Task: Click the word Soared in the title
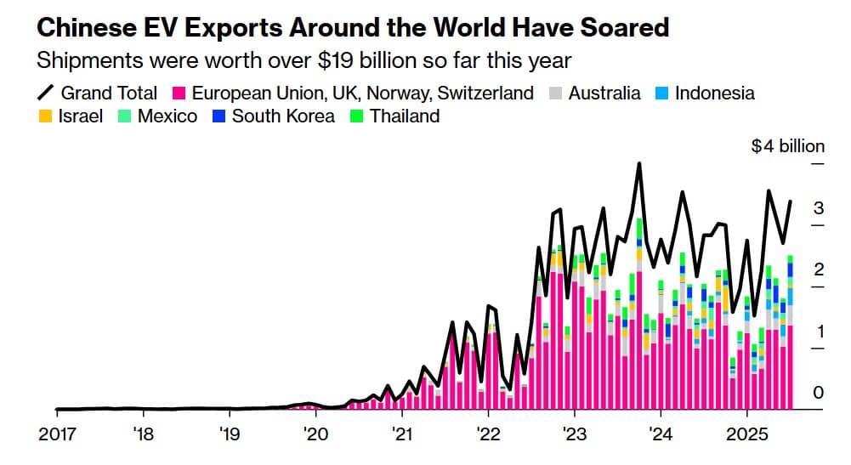[x=621, y=27]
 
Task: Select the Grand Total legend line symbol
[x=46, y=93]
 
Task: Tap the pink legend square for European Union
[x=179, y=94]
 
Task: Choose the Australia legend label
[x=604, y=94]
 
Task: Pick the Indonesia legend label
[x=714, y=94]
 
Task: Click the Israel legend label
[x=80, y=116]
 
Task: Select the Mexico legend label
[x=167, y=116]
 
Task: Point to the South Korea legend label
[x=283, y=116]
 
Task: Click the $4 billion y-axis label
[x=787, y=146]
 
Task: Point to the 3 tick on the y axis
[x=818, y=208]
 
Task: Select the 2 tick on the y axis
[x=818, y=269]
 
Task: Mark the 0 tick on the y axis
[x=818, y=392]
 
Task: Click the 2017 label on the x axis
[x=57, y=435]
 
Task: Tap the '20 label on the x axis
[x=315, y=435]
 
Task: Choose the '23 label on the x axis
[x=574, y=435]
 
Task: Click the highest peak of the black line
[x=638, y=164]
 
